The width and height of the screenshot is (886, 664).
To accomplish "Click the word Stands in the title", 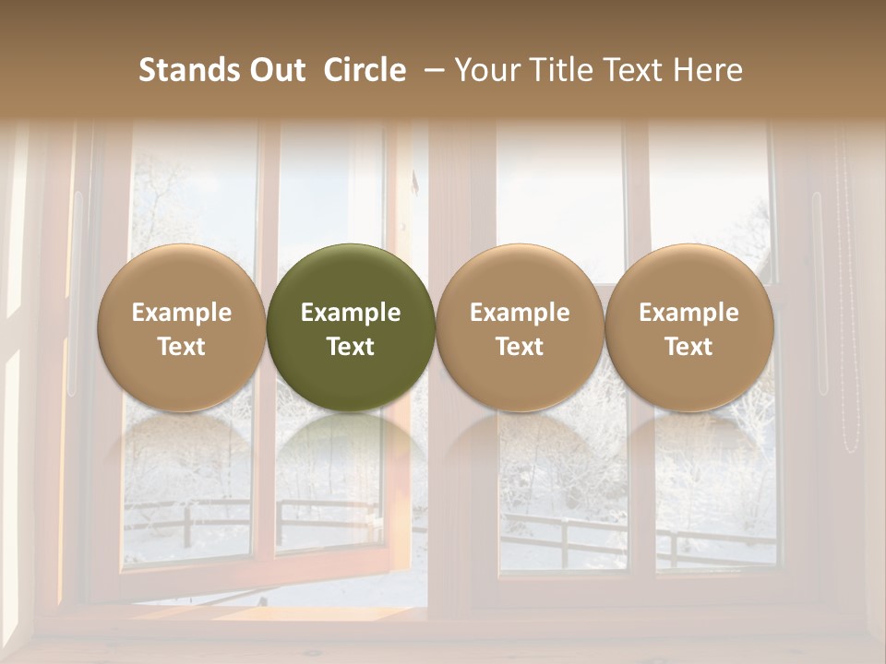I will (182, 70).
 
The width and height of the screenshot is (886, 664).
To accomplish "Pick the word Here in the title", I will (709, 70).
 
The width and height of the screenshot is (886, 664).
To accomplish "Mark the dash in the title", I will (431, 70).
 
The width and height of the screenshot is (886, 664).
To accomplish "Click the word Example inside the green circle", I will (351, 313).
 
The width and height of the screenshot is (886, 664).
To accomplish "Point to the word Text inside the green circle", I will (351, 347).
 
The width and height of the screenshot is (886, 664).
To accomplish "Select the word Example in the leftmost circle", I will (182, 313).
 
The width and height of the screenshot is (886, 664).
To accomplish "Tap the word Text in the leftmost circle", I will (182, 347).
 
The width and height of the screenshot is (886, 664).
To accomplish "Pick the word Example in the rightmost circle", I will (689, 313).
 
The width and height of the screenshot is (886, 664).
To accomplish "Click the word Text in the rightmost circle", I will (689, 347).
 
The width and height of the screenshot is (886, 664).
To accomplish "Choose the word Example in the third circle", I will (520, 313).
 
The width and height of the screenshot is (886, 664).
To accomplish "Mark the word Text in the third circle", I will (520, 347).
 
